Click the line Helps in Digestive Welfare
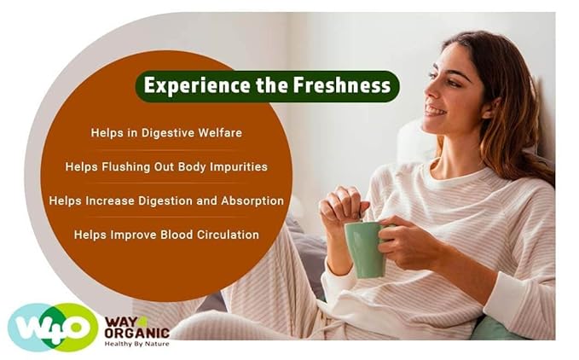coord(165,133)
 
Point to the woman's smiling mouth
coord(434,110)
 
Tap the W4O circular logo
coord(52,328)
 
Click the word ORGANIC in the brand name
coord(136,333)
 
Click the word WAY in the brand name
coord(119,321)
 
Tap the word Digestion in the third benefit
coord(170,200)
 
